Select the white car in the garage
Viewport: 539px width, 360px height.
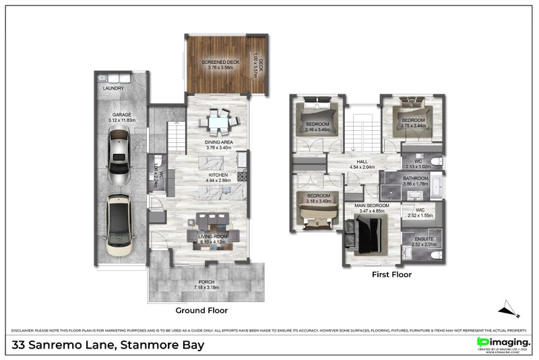pyautogui.click(x=117, y=220)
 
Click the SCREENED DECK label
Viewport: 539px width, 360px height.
pyautogui.click(x=220, y=63)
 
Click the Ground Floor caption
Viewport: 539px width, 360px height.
pyautogui.click(x=201, y=311)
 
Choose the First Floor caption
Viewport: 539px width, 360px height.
pyautogui.click(x=391, y=275)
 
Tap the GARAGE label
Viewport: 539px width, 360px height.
pyautogui.click(x=121, y=115)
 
